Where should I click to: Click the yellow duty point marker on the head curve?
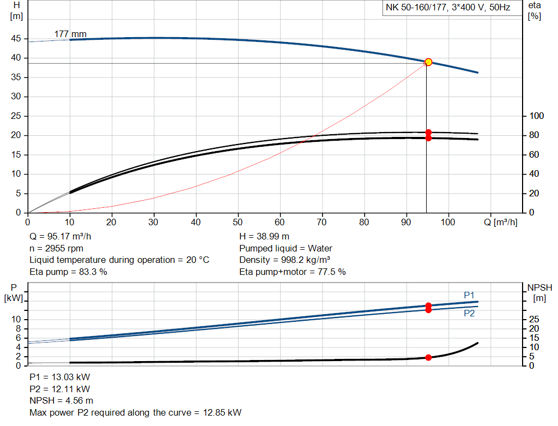click(x=428, y=62)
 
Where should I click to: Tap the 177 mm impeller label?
click(x=70, y=34)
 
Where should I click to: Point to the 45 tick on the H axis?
click(x=16, y=39)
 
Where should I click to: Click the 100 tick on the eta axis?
click(x=537, y=116)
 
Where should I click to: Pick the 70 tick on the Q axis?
click(x=322, y=223)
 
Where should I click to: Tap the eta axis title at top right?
click(x=534, y=10)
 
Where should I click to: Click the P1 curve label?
click(x=469, y=295)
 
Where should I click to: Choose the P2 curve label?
click(x=469, y=314)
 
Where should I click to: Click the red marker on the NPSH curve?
click(x=428, y=357)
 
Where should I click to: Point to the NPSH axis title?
click(x=539, y=292)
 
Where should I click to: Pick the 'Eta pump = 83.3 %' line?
click(x=68, y=272)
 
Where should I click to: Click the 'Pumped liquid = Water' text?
click(x=286, y=248)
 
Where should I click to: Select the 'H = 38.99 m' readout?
click(x=264, y=236)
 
